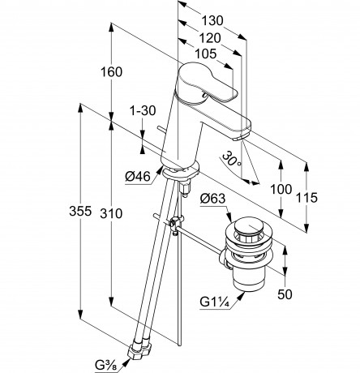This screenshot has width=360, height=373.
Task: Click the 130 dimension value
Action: pyautogui.click(x=212, y=20)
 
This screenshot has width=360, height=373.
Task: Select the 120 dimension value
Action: pyautogui.click(x=210, y=38)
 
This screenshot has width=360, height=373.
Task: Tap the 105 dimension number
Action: pyautogui.click(x=206, y=54)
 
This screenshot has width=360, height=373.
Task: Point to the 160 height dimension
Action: pyautogui.click(x=111, y=72)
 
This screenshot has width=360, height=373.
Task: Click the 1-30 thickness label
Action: pyautogui.click(x=143, y=110)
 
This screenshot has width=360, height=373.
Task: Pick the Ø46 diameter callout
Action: pyautogui.click(x=138, y=177)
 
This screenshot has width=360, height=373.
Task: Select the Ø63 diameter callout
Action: pyautogui.click(x=212, y=199)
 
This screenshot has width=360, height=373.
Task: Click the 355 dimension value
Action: pyautogui.click(x=80, y=211)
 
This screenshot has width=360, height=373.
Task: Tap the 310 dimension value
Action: pyautogui.click(x=111, y=213)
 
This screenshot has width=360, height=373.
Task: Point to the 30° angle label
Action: pyautogui.click(x=231, y=159)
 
